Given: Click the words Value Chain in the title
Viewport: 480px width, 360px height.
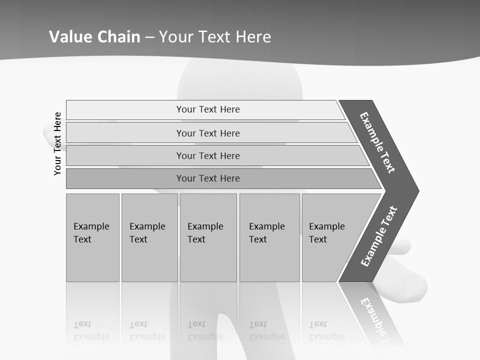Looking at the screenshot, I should pos(94,37).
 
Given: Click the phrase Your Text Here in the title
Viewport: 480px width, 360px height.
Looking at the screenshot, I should pos(215,37).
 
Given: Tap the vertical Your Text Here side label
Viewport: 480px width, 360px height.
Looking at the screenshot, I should pos(57,143).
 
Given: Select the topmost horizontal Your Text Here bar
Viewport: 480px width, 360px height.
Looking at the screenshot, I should pos(207,109).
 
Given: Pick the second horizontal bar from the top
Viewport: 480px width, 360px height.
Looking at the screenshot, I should pos(207,133).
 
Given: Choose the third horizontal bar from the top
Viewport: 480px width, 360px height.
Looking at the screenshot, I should pos(207,155).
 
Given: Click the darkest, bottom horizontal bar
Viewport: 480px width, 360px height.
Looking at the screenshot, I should pos(207,178).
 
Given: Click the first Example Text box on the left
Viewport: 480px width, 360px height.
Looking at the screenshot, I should pos(92,237).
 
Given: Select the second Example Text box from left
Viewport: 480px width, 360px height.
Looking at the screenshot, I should pos(149,237).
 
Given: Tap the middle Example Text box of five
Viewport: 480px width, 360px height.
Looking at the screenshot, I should pos(208,237).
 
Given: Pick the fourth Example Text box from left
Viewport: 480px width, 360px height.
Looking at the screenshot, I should pos(269,237).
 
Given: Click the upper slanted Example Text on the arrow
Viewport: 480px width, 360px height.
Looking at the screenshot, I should pos(377,142).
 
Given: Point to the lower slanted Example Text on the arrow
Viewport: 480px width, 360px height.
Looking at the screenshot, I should pos(379,236).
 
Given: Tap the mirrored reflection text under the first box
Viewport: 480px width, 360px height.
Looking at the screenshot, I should pos(91,330).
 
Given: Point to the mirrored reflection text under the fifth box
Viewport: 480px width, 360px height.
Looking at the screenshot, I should pos(327,330).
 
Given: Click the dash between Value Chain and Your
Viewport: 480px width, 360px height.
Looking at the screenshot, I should pos(149,37).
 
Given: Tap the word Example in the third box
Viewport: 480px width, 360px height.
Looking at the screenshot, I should pos(205,226).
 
